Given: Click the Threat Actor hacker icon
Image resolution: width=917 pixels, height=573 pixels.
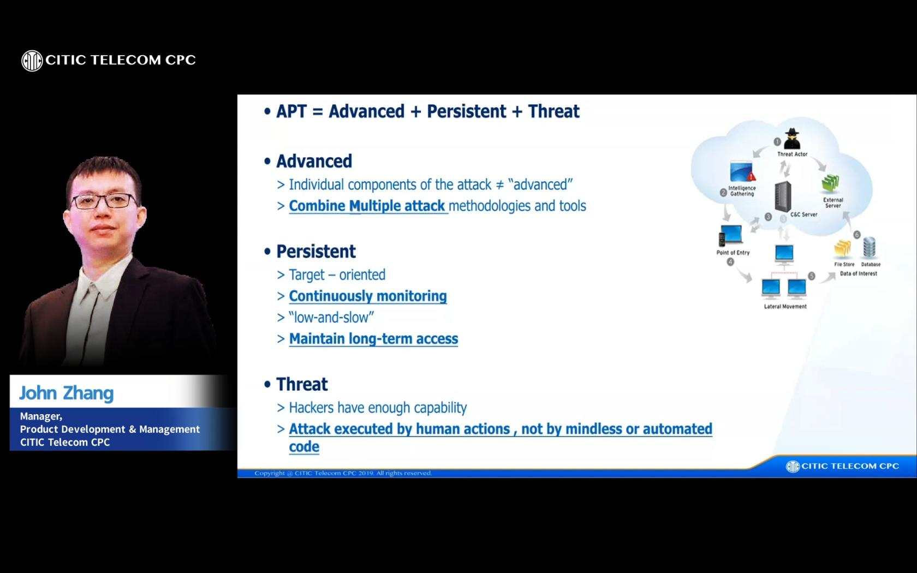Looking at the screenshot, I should [792, 139].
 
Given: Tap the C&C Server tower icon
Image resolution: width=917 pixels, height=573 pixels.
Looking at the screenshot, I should [783, 196].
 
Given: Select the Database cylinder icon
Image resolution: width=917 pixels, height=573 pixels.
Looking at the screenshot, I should [870, 248].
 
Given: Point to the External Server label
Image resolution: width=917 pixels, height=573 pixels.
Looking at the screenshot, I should [833, 203].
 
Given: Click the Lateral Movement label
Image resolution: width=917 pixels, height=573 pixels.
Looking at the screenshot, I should [785, 307].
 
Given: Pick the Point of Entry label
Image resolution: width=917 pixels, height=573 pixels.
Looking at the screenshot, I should [733, 253].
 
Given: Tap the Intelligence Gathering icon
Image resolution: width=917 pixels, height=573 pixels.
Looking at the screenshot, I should [742, 172].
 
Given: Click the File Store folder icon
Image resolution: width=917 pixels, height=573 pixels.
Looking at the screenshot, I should [843, 249].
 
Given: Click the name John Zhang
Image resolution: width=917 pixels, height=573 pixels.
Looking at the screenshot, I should [67, 393].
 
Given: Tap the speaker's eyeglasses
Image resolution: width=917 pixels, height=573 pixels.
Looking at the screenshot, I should [104, 201].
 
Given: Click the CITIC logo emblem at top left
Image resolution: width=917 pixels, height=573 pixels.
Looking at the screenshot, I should [32, 61].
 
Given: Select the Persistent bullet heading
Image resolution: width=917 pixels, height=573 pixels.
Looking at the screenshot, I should [315, 252].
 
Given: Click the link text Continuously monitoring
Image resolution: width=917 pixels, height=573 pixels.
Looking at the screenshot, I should [367, 296].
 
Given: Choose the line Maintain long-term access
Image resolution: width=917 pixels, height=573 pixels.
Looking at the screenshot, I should [373, 339].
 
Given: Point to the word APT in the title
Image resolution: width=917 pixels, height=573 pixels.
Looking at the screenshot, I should [291, 111].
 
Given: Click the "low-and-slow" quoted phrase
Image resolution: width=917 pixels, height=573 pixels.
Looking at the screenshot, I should [331, 318].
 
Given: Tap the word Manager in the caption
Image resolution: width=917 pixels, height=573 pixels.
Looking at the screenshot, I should [40, 416].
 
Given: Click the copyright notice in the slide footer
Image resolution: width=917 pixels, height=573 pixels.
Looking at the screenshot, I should [343, 473].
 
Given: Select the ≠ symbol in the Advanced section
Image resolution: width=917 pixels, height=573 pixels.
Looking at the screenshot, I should [499, 185].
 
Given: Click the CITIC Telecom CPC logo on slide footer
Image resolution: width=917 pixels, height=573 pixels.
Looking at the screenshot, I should [842, 466].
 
